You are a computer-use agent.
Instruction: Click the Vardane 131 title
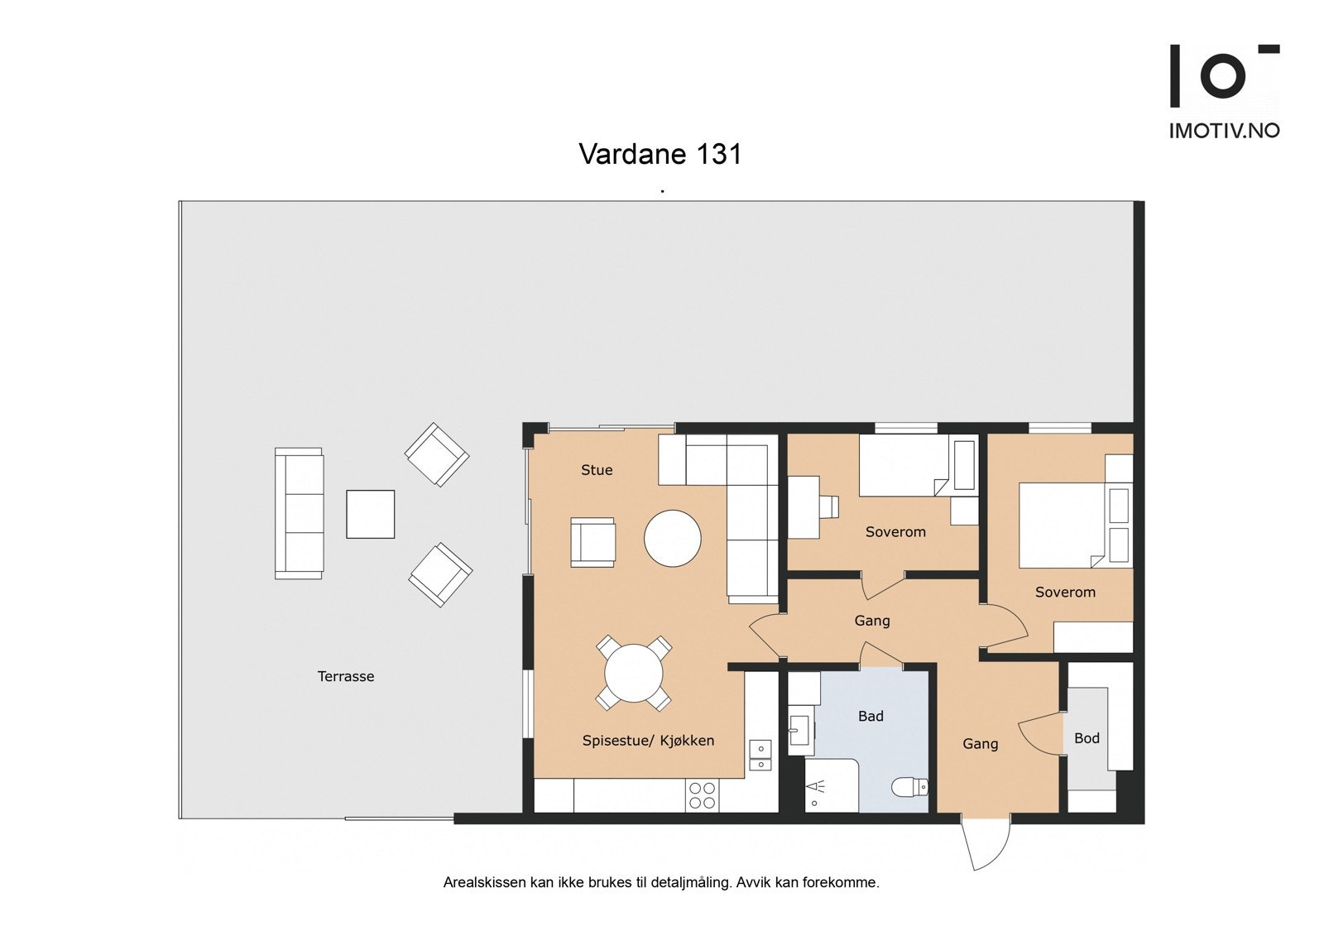(660, 154)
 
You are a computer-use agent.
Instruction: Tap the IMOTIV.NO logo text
(1223, 131)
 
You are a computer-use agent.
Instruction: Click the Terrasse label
(346, 676)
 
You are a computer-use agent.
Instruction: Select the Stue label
(597, 470)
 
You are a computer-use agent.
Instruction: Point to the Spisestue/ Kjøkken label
(648, 741)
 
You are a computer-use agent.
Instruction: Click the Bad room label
(871, 716)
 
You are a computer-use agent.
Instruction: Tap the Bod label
(1087, 738)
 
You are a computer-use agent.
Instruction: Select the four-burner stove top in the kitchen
(702, 795)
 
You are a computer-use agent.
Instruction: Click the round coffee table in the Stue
(673, 538)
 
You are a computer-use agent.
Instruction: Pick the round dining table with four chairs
(634, 673)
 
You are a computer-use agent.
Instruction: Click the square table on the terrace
(370, 514)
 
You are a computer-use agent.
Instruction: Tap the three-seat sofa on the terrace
(299, 513)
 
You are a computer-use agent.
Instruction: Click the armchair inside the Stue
(592, 543)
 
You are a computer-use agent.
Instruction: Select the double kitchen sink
(760, 756)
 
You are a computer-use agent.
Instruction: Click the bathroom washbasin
(799, 731)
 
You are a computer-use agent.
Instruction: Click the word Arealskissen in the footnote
(484, 882)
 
